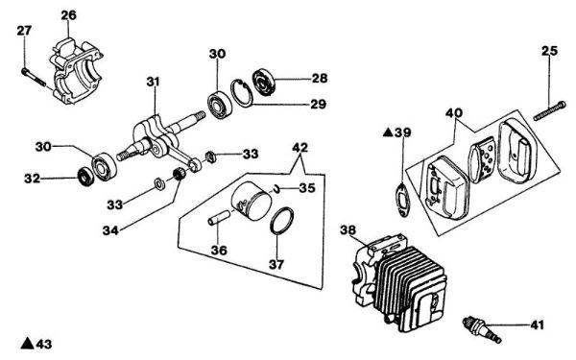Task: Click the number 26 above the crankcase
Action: pos(67,14)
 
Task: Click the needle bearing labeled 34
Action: pos(177,175)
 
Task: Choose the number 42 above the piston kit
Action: pos(300,148)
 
